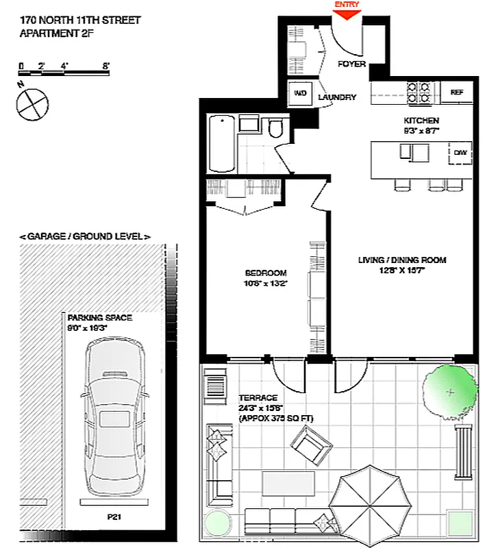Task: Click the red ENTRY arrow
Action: click(x=346, y=12)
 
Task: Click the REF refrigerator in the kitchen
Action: click(x=456, y=92)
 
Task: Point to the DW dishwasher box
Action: click(x=460, y=153)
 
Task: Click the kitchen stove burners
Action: click(x=419, y=92)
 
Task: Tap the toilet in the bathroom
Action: click(x=276, y=128)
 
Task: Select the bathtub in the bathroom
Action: click(x=221, y=145)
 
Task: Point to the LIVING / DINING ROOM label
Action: click(x=402, y=260)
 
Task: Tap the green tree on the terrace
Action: click(x=449, y=392)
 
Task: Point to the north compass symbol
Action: click(x=32, y=104)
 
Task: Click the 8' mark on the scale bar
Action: click(x=106, y=66)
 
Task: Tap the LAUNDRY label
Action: click(x=337, y=97)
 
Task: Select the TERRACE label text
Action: click(x=258, y=397)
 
